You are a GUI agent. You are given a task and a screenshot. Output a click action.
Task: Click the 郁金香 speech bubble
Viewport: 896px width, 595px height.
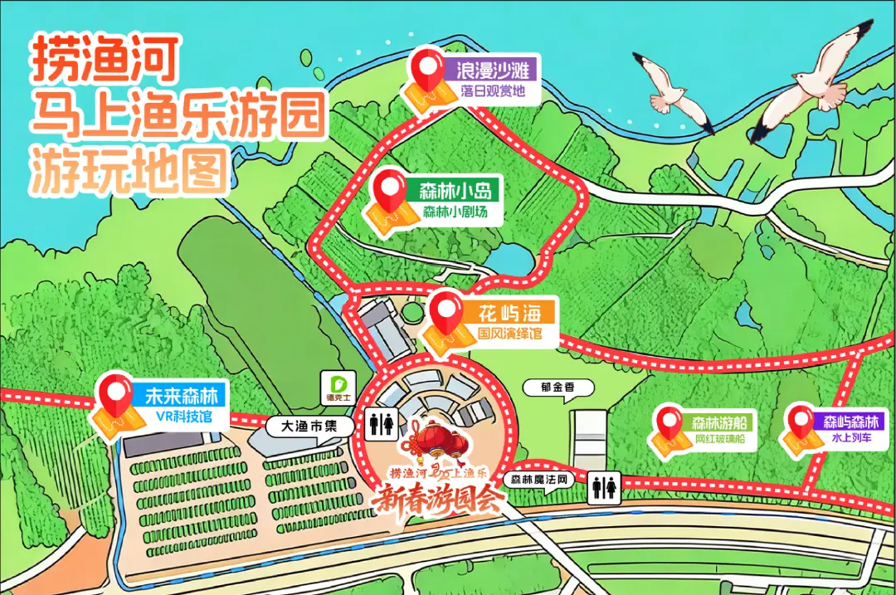point(552,387)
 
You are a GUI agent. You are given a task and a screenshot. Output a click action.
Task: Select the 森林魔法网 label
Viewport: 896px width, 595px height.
point(538,480)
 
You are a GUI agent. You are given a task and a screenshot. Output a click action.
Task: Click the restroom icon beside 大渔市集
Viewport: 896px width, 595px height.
point(382,424)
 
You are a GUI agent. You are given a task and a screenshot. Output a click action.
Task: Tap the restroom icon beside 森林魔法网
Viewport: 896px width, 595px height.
point(603,488)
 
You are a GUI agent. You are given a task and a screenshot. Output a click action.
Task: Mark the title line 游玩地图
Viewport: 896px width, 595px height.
point(129,169)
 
